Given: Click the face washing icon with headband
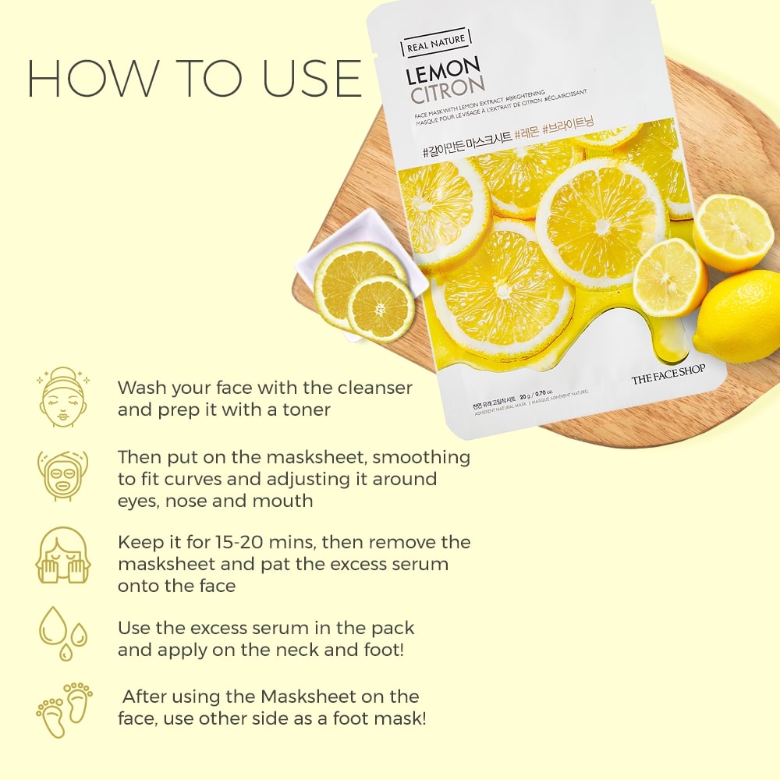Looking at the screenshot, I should (x=62, y=398).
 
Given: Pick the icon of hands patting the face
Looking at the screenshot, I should (x=62, y=555).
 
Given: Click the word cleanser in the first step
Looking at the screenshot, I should (x=374, y=388).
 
